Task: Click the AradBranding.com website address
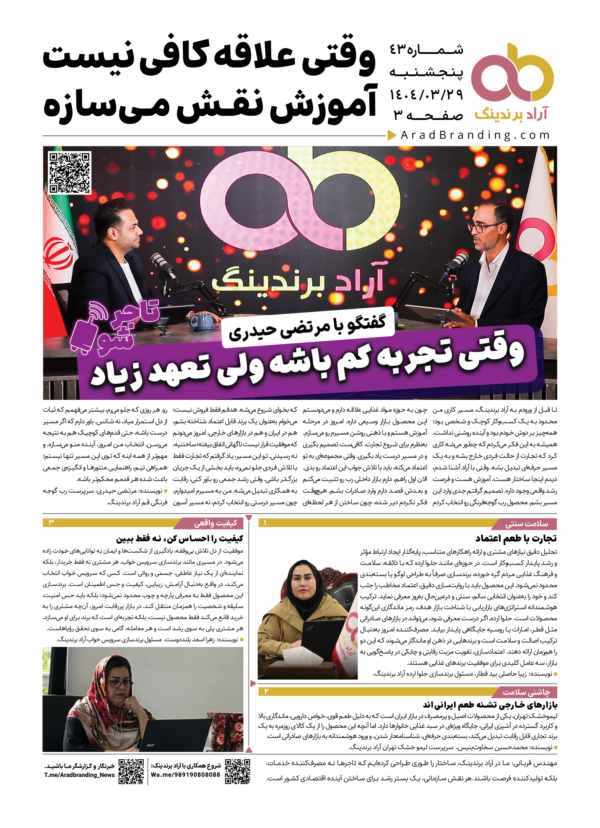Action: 475,135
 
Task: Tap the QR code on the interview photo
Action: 70,173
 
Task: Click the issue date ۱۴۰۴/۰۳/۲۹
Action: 426,95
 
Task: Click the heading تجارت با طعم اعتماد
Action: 516,538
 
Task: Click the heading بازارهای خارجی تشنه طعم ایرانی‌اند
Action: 490,705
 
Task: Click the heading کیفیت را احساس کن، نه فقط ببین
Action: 180,538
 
